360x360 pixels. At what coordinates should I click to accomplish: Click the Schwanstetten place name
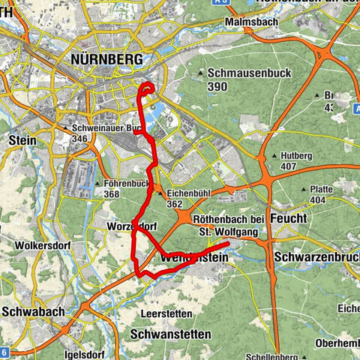coord(170,333)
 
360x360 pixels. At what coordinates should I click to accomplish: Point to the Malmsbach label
coord(253,23)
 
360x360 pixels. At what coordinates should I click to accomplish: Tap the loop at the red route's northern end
coord(147,90)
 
